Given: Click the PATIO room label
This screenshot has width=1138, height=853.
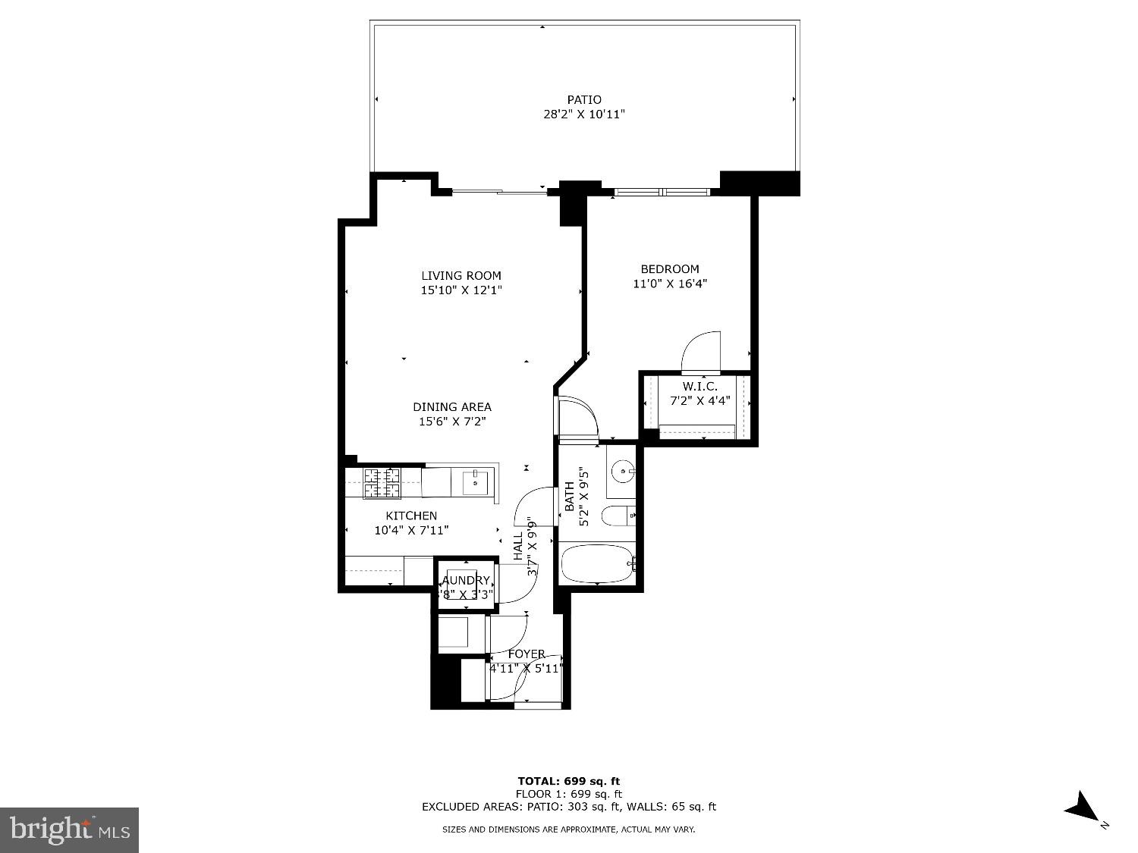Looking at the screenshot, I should point(584,99).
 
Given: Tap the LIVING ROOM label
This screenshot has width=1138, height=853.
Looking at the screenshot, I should point(461,275).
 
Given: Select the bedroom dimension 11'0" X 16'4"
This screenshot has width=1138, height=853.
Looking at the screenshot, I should point(670,284).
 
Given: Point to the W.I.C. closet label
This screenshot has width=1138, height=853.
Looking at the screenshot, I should point(693,387).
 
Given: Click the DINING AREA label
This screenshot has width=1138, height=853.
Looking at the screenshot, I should point(452,406).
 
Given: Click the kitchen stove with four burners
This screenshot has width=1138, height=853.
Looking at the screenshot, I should point(382,484).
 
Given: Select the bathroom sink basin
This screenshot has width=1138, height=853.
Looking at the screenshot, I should point(624,472).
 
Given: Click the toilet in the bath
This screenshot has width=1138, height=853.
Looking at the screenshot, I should point(618,516).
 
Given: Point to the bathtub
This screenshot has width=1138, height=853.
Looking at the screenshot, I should point(597,564).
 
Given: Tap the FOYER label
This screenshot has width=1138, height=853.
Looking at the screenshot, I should point(527,654).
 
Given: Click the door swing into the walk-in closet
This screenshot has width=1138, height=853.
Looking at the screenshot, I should point(701,353).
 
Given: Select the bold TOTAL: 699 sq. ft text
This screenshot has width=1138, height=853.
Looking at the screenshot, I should point(569,781).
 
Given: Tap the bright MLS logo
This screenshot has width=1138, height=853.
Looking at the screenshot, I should point(70,829).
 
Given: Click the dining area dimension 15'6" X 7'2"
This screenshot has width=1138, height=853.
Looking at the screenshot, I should point(452,422).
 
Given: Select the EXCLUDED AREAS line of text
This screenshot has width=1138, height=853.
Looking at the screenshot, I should point(569,807).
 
